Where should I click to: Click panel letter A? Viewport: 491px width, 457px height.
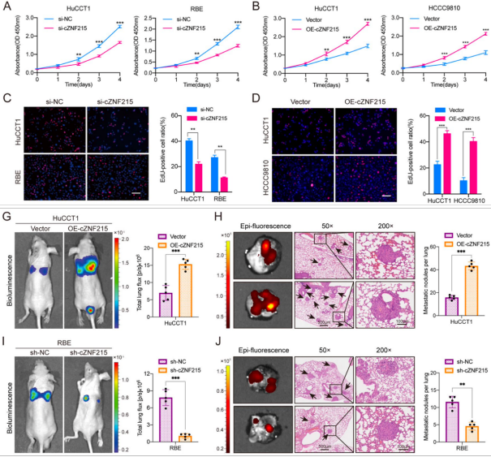coord(7,6)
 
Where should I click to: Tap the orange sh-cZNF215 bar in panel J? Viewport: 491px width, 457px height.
coord(467,426)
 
